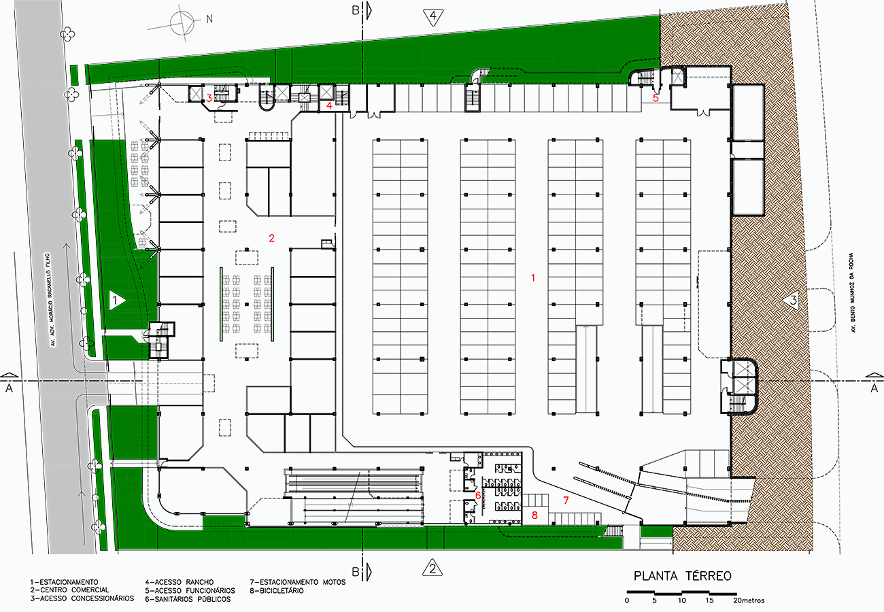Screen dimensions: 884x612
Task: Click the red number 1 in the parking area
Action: click(x=533, y=278)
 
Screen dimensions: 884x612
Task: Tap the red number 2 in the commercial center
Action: click(x=271, y=238)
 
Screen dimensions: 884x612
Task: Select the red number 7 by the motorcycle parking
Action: click(x=566, y=500)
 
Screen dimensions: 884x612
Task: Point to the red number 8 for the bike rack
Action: click(x=534, y=515)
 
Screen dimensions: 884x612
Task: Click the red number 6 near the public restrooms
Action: click(x=478, y=495)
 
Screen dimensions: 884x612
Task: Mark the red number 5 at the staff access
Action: click(x=656, y=98)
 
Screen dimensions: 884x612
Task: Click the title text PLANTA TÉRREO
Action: click(x=682, y=576)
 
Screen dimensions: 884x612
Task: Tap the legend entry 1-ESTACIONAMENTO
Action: click(x=64, y=582)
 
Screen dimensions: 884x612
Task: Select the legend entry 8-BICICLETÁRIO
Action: click(x=277, y=591)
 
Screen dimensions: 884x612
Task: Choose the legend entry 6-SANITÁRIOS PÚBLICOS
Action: click(x=188, y=599)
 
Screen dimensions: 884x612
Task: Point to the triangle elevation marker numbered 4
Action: click(x=433, y=17)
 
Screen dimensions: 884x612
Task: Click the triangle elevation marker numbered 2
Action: click(x=432, y=568)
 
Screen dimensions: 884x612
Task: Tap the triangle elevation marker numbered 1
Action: click(x=116, y=301)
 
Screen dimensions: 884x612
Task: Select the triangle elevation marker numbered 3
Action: click(x=792, y=299)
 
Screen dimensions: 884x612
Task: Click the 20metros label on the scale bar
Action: click(x=749, y=600)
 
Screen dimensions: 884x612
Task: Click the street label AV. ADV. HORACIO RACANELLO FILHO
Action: click(x=51, y=300)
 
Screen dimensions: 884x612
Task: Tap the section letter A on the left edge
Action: click(x=9, y=388)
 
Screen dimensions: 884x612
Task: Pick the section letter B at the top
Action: click(x=356, y=10)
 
